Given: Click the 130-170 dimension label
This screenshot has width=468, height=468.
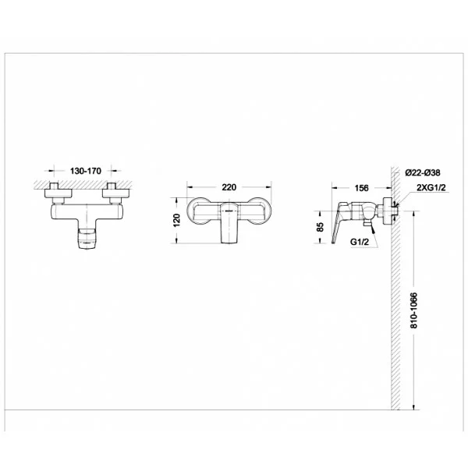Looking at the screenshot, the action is pyautogui.click(x=86, y=171).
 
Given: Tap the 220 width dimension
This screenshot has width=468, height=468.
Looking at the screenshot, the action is pyautogui.click(x=229, y=187).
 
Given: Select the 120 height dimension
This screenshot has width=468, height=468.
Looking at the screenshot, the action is pyautogui.click(x=177, y=220).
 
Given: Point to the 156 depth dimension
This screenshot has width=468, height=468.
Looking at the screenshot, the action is pyautogui.click(x=361, y=188).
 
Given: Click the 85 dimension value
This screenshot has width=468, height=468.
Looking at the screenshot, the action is pyautogui.click(x=320, y=227).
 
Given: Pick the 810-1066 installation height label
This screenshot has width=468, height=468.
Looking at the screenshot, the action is pyautogui.click(x=413, y=310).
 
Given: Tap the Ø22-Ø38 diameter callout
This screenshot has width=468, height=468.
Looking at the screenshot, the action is pyautogui.click(x=423, y=172).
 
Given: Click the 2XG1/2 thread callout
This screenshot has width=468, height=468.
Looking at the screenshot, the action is pyautogui.click(x=431, y=187).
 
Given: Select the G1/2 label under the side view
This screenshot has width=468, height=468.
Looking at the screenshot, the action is pyautogui.click(x=360, y=242).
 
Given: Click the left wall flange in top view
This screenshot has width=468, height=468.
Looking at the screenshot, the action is pyautogui.click(x=58, y=193).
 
